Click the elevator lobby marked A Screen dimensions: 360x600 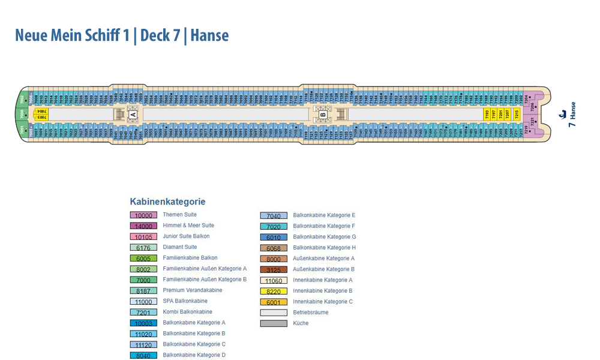pyautogui.click(x=133, y=114)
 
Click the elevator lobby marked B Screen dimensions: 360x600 pyautogui.click(x=323, y=114)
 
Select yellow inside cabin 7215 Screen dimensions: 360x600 pyautogui.click(x=517, y=114)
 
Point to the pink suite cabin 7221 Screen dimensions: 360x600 pyautogui.click(x=532, y=122)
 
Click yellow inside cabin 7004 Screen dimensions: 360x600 pyautogui.click(x=41, y=112)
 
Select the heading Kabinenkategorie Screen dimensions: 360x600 pyautogui.click(x=167, y=202)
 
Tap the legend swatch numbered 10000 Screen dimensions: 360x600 pyautogui.click(x=143, y=215)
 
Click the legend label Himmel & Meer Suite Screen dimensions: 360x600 pyautogui.click(x=188, y=226)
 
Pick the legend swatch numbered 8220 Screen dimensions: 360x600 pyautogui.click(x=274, y=292)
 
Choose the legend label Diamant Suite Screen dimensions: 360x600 pyautogui.click(x=180, y=247)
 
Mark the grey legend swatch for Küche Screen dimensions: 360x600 pyautogui.click(x=274, y=323)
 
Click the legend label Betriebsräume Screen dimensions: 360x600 pyautogui.click(x=311, y=313)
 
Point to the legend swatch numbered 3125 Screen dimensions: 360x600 pyautogui.click(x=274, y=270)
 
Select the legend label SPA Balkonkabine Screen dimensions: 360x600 pyautogui.click(x=185, y=301)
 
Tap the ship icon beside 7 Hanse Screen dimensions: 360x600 pyautogui.click(x=563, y=113)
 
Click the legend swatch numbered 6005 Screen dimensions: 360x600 pyautogui.click(x=143, y=259)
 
